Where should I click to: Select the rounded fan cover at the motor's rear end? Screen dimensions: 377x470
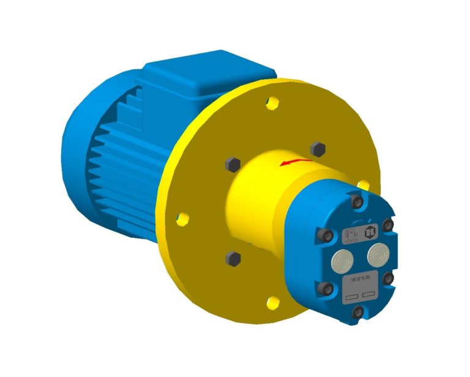(92, 159)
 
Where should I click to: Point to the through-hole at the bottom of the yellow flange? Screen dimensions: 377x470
(274, 301)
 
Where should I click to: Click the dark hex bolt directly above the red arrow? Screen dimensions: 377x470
(317, 148)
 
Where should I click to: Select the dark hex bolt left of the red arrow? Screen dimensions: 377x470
(231, 164)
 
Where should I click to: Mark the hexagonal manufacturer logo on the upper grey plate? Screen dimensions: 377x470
(369, 232)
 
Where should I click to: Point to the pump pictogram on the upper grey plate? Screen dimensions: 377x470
(352, 235)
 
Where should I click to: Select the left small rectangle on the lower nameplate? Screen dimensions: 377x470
(351, 298)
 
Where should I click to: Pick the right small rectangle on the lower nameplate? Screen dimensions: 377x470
(368, 294)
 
